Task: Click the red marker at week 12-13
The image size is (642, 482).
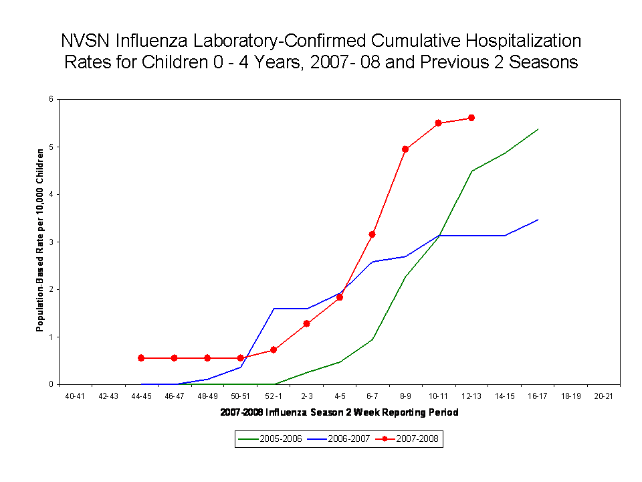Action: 471,118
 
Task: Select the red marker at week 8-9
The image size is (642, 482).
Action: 405,149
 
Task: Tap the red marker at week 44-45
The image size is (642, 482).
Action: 141,358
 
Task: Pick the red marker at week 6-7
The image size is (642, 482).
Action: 372,234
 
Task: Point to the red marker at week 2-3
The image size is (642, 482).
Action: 306,323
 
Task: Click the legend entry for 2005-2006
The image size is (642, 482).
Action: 271,439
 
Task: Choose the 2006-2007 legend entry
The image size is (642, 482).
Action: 338,439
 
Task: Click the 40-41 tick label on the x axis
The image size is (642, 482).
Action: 76,396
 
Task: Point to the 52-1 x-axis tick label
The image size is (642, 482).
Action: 274,396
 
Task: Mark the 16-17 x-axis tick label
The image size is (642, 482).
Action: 538,396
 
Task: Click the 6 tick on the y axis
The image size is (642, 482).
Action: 51,100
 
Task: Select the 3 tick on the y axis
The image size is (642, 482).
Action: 51,242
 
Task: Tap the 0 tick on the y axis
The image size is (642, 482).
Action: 51,384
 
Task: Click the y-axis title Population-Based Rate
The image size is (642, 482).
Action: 41,239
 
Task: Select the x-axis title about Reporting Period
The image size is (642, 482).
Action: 339,412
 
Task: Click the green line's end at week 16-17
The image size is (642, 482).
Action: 538,129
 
